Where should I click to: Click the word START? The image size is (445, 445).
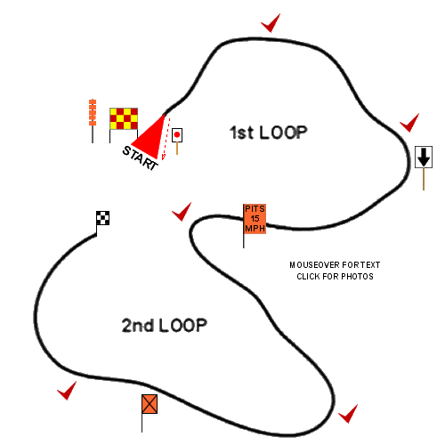[x=140, y=158]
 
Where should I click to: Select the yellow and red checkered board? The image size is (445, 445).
[x=124, y=119]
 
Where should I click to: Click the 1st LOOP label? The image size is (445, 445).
[x=269, y=133]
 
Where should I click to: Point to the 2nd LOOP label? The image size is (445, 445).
[x=164, y=326]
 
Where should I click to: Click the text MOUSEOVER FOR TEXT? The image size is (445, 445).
[x=335, y=264]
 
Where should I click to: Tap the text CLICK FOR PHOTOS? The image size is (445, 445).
[x=335, y=277]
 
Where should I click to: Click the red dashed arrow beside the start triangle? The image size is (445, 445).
[x=166, y=139]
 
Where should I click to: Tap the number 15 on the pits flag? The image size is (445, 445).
[x=255, y=219]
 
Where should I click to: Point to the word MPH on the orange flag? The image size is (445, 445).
[x=255, y=229]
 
